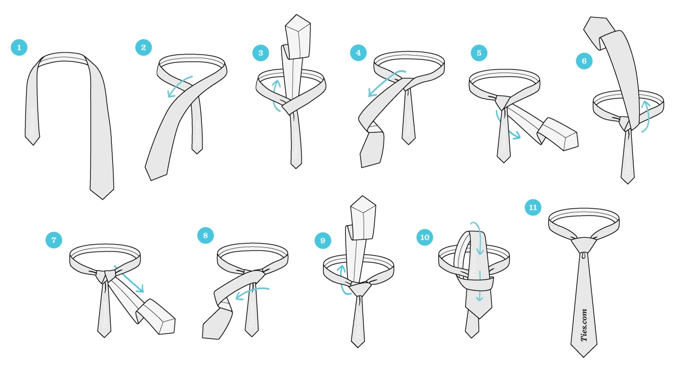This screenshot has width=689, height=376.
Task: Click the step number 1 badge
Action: coord(19,48)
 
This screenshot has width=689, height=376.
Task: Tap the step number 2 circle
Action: coord(143,47)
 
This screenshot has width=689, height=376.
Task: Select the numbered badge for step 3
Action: coord(261,53)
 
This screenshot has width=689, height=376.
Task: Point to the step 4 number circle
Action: coord(358,53)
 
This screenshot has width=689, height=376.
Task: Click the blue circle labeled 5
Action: coord(479,53)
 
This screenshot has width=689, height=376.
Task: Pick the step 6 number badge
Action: coord(584,61)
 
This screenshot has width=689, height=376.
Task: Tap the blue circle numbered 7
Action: coord(54,240)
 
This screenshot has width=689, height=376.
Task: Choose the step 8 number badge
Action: coord(205,235)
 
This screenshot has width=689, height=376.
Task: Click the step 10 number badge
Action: coord(425,237)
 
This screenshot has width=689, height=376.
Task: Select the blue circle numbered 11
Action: coord(533,207)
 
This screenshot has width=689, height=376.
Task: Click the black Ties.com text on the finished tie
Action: coord(585,325)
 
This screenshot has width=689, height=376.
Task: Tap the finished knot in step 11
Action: coord(584,245)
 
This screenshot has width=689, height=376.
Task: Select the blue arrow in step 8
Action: coord(252,292)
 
